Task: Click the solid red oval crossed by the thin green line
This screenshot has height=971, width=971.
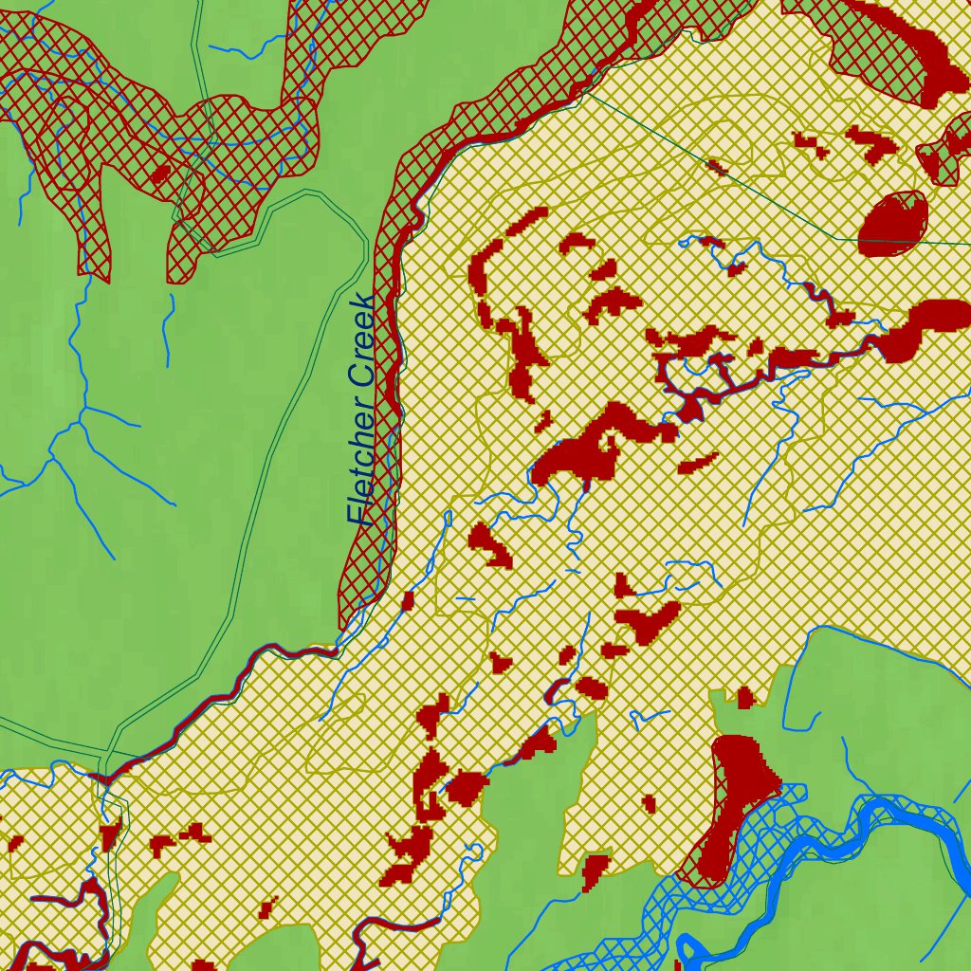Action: tap(891, 224)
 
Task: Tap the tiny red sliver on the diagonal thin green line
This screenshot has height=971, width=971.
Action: tap(718, 169)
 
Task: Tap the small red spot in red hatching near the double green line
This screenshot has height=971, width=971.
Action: tap(160, 174)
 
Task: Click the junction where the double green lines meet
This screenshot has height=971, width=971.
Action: tap(105, 756)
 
